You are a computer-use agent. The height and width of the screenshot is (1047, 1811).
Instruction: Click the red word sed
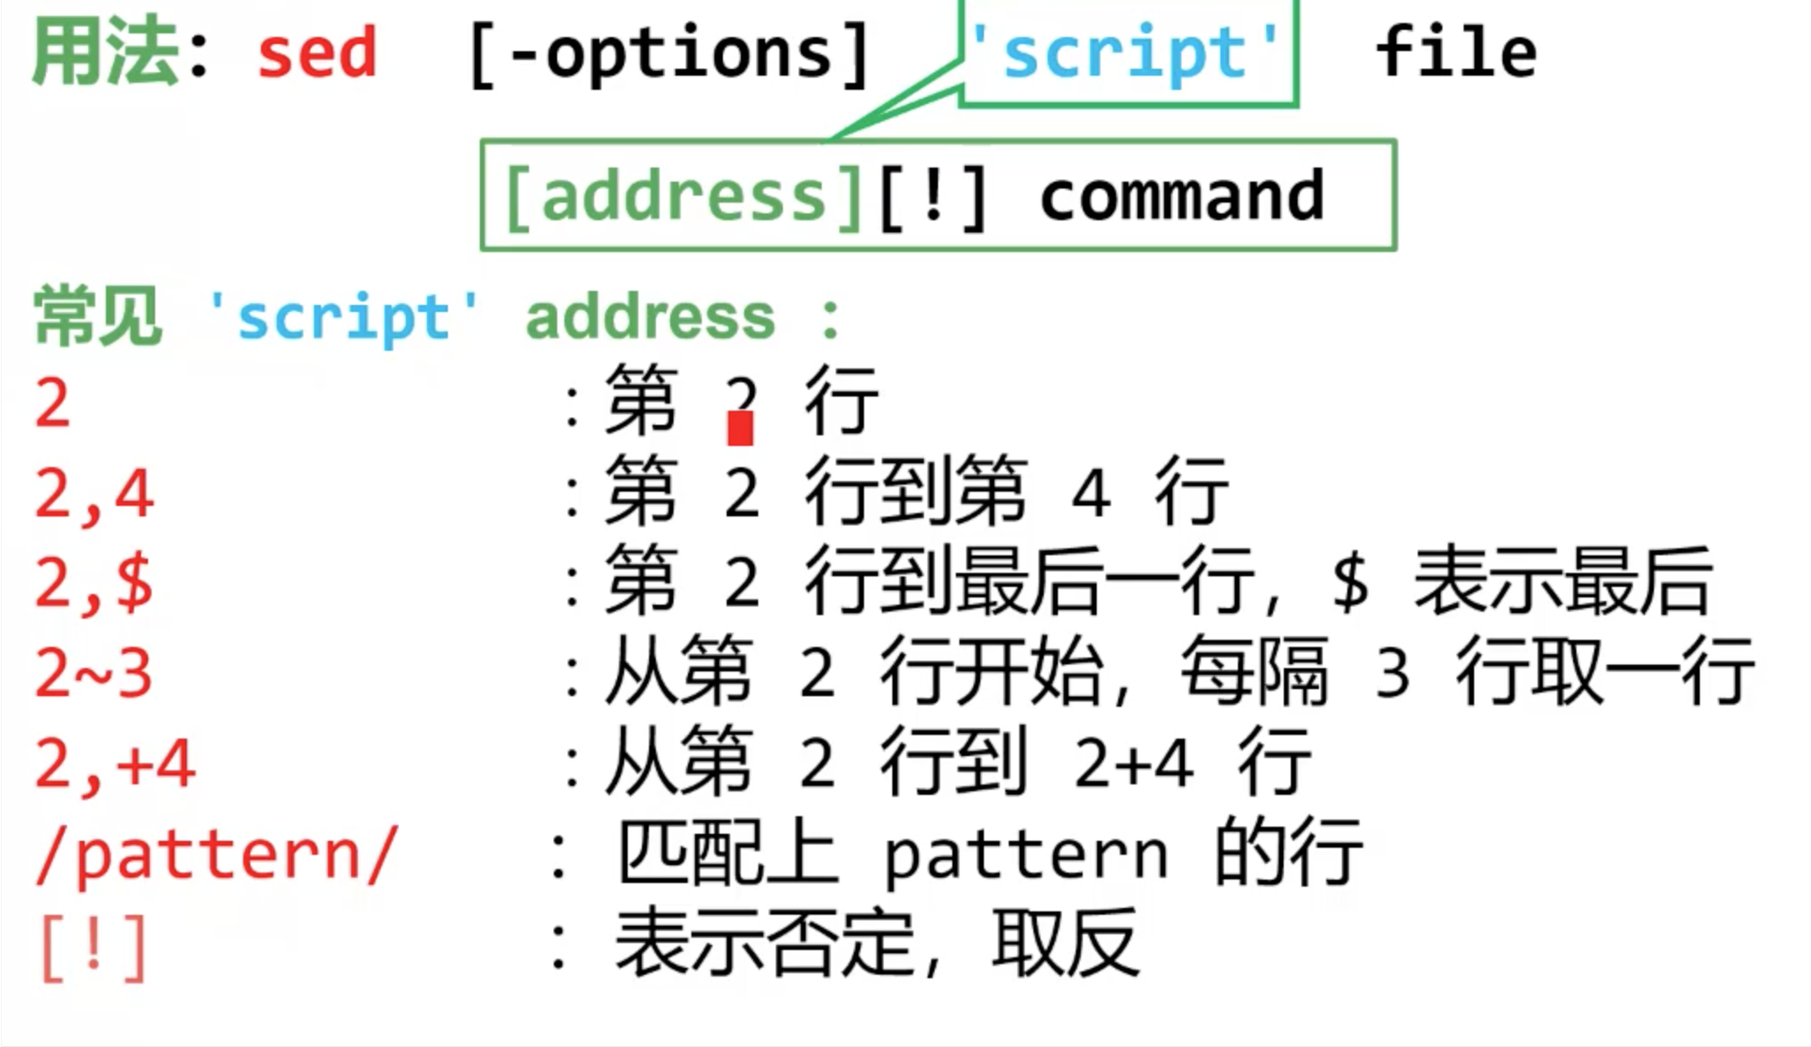coord(317,54)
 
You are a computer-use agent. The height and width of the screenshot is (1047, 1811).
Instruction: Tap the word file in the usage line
coord(1456,53)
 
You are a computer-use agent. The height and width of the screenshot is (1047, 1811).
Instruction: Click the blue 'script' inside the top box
coord(1126,53)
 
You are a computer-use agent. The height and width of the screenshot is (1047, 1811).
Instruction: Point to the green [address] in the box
coord(683,197)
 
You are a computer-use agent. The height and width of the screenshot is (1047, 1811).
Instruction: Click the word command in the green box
coord(1181,196)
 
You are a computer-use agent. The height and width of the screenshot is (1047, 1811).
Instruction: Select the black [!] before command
coord(934,197)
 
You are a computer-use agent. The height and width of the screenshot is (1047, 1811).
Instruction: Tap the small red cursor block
coord(740,429)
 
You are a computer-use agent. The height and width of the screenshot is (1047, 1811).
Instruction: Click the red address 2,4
coord(94,494)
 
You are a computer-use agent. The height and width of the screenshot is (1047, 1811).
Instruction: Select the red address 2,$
coord(94,583)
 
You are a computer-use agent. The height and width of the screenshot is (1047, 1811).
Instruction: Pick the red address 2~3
coord(94,673)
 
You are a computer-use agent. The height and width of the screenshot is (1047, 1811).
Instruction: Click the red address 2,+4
coord(115,764)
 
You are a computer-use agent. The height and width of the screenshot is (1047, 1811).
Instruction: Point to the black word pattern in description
coord(1025,855)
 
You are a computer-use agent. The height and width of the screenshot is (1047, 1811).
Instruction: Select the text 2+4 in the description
coord(1134,763)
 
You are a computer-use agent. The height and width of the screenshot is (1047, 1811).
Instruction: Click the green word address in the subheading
coord(650,317)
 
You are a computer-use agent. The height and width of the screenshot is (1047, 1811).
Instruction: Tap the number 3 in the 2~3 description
coord(1391,673)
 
